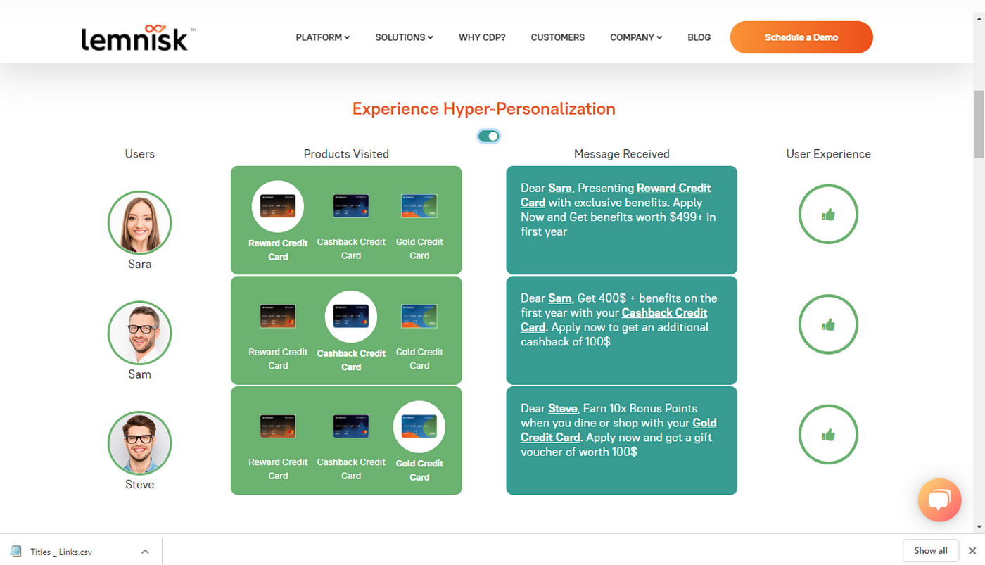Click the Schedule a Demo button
coord(801,37)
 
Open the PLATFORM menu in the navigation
coord(323,37)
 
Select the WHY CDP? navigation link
coord(482,37)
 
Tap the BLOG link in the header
coord(699,37)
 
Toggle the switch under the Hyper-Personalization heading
coord(488,137)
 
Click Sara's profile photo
coord(139,222)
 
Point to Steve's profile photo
coord(139,443)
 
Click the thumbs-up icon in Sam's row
coord(828,324)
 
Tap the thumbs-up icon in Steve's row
coord(828,435)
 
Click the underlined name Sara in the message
coord(560,188)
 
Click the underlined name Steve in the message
coord(562,409)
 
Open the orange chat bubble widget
coord(939,500)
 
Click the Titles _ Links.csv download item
coord(61,552)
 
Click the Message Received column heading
coord(622,154)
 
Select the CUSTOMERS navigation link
coord(557,37)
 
